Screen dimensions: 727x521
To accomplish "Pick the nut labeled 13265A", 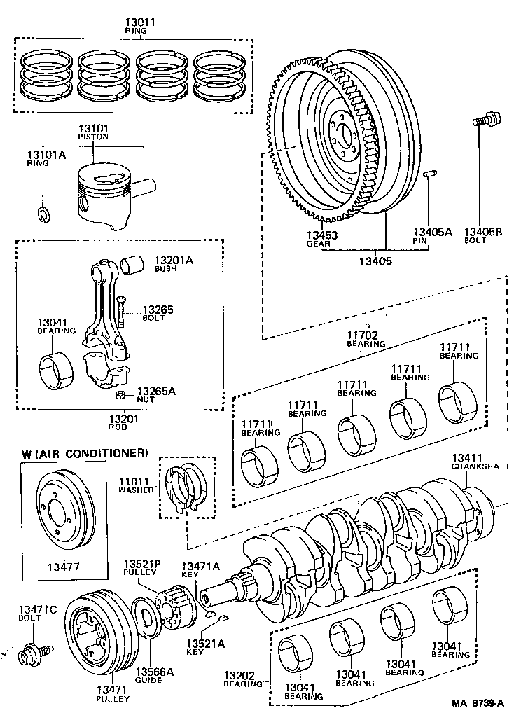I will coord(120,395).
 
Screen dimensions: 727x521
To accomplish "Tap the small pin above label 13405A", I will coord(432,172).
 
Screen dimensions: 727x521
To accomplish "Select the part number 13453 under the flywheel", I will coord(321,235).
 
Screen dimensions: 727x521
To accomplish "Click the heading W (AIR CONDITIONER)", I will coord(85,453).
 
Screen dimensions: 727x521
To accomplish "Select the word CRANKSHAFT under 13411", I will coord(475,466).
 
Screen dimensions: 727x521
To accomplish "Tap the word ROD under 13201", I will coord(116,427).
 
